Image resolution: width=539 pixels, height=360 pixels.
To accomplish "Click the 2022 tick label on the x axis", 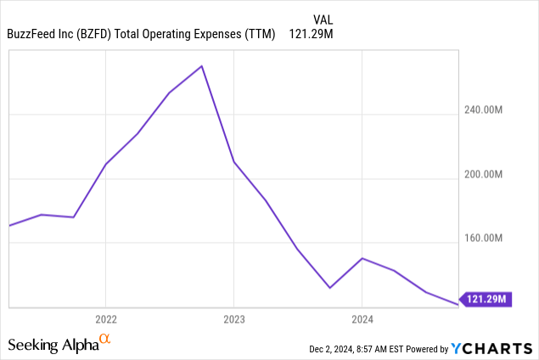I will pyautogui.click(x=105, y=320).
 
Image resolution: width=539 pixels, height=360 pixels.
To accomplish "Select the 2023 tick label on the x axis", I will pyautogui.click(x=234, y=320).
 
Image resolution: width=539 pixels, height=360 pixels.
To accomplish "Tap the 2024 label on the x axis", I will pyautogui.click(x=362, y=320).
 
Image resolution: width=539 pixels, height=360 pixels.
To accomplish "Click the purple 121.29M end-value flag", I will pyautogui.click(x=488, y=299).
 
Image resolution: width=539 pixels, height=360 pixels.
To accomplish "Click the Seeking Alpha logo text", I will pyautogui.click(x=52, y=346).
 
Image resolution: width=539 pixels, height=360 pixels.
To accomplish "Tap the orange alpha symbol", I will pyautogui.click(x=105, y=340).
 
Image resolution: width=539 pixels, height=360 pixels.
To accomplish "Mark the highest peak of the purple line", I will pyautogui.click(x=201, y=65).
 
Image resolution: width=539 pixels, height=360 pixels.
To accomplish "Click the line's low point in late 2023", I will pyautogui.click(x=330, y=288).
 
